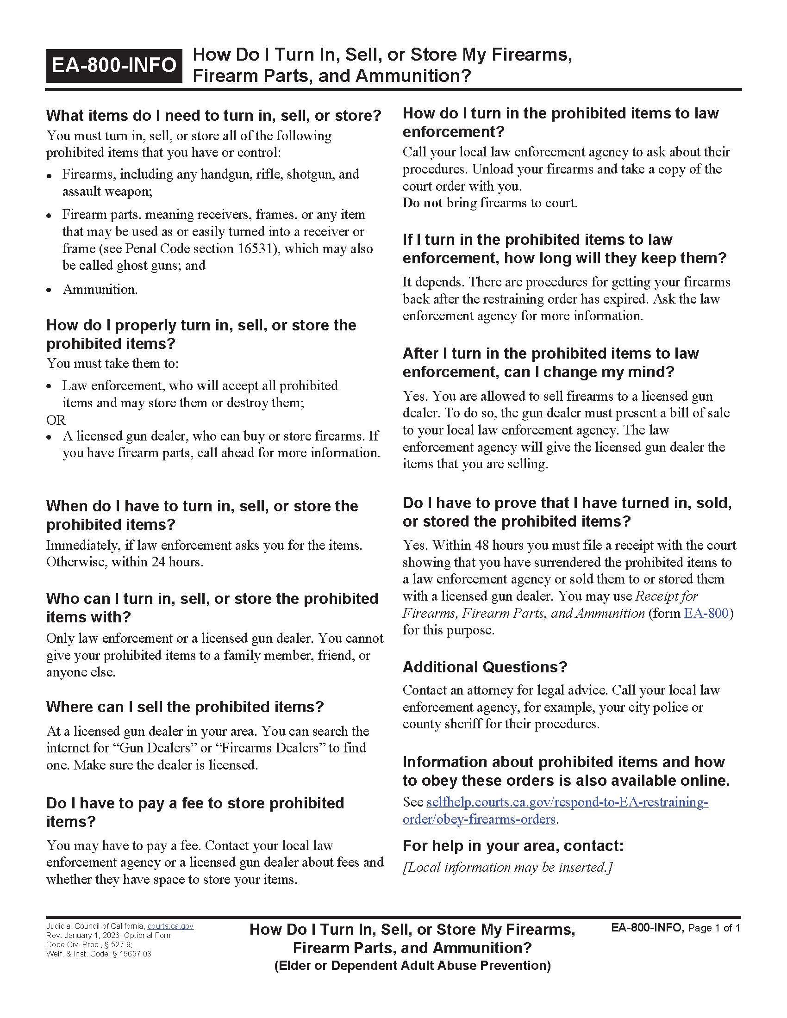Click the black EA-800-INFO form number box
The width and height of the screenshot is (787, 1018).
tap(114, 65)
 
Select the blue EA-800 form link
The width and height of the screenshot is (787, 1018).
tap(706, 613)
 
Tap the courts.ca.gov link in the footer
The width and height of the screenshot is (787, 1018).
tap(170, 926)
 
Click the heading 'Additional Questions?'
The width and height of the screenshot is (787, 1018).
tap(485, 667)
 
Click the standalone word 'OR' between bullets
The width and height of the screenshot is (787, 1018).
tap(56, 420)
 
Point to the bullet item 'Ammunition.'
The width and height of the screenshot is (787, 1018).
tap(100, 289)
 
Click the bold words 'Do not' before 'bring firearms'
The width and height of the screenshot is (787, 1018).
tap(422, 203)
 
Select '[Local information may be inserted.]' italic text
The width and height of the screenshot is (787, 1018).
tap(507, 867)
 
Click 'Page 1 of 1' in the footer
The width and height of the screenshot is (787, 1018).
tap(713, 928)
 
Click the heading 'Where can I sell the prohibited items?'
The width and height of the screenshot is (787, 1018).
tap(185, 707)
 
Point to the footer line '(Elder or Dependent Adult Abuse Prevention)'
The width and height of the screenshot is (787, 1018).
tap(412, 965)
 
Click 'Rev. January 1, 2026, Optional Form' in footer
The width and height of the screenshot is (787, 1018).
tap(109, 935)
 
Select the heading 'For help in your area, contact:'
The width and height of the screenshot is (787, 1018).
tap(513, 845)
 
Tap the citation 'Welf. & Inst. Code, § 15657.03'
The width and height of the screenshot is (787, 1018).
tap(98, 954)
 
